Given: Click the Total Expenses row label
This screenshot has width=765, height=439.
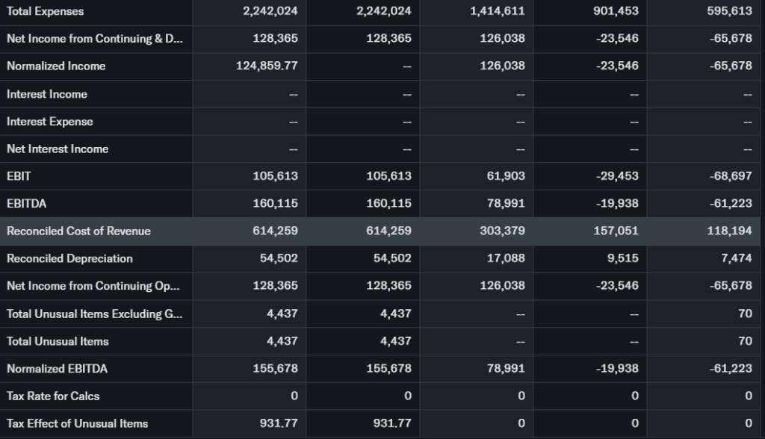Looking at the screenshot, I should click(x=46, y=11).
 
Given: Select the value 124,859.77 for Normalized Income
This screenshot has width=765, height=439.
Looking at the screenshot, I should click(x=267, y=66).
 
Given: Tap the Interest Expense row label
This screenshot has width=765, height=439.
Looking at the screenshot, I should click(x=50, y=121).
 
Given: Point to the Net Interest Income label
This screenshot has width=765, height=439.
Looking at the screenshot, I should click(x=58, y=149).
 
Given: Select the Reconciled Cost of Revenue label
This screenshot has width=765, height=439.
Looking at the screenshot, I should click(x=78, y=231).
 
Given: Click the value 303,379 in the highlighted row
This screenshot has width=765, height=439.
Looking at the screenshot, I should click(x=502, y=231).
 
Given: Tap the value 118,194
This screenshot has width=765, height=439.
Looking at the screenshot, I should click(x=729, y=231).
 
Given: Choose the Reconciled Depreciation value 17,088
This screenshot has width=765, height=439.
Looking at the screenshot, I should click(x=507, y=258).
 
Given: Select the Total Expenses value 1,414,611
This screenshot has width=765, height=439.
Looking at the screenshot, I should click(x=498, y=11).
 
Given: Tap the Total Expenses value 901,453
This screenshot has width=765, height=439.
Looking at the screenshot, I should click(x=616, y=11).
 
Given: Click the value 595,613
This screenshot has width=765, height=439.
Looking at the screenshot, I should click(x=729, y=11).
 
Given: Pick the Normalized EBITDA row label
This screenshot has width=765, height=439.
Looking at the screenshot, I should click(x=58, y=368).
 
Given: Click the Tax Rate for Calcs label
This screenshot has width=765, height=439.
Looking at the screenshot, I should click(x=53, y=396).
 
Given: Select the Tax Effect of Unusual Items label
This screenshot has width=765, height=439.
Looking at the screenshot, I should click(x=78, y=423).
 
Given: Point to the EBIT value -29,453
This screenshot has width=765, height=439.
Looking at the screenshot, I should click(x=617, y=176).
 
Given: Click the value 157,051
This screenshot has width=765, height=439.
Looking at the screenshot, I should click(x=616, y=231).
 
